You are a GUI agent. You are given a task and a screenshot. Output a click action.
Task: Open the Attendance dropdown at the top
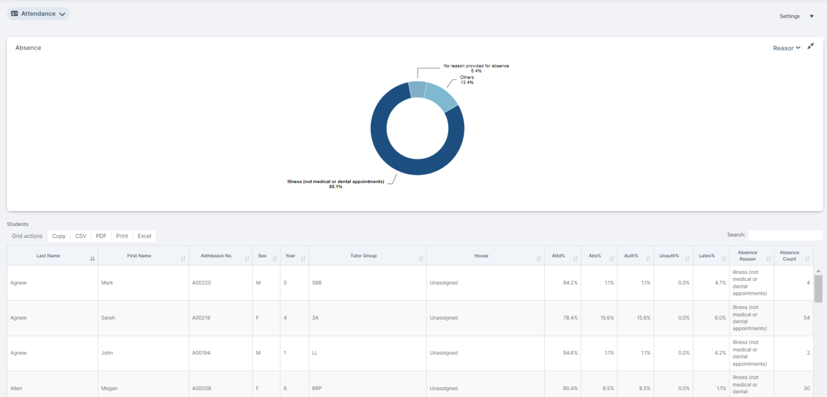(38, 14)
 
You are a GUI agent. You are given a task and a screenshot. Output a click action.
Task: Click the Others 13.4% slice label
(467, 80)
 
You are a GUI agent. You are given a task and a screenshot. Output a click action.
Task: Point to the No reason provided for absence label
(476, 68)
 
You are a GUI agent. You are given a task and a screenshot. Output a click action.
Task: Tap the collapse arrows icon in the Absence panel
(810, 47)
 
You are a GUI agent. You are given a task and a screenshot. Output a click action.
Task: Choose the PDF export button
(101, 236)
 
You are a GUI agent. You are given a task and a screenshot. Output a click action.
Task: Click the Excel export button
(144, 236)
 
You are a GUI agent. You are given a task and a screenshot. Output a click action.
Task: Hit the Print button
(122, 236)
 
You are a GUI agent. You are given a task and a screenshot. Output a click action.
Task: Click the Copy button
(59, 236)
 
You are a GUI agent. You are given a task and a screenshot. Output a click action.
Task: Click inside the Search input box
(784, 235)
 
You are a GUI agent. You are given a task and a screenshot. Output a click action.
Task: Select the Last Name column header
(48, 256)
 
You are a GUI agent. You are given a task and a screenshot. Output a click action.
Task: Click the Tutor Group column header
(363, 256)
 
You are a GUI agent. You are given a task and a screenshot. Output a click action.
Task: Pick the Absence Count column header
(789, 256)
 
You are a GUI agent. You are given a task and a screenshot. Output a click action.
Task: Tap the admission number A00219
(201, 318)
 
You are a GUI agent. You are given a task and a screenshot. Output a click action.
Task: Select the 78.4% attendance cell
(570, 318)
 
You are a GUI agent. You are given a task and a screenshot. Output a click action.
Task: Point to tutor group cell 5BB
(317, 283)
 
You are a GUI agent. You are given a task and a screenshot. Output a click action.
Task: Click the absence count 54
(807, 318)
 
